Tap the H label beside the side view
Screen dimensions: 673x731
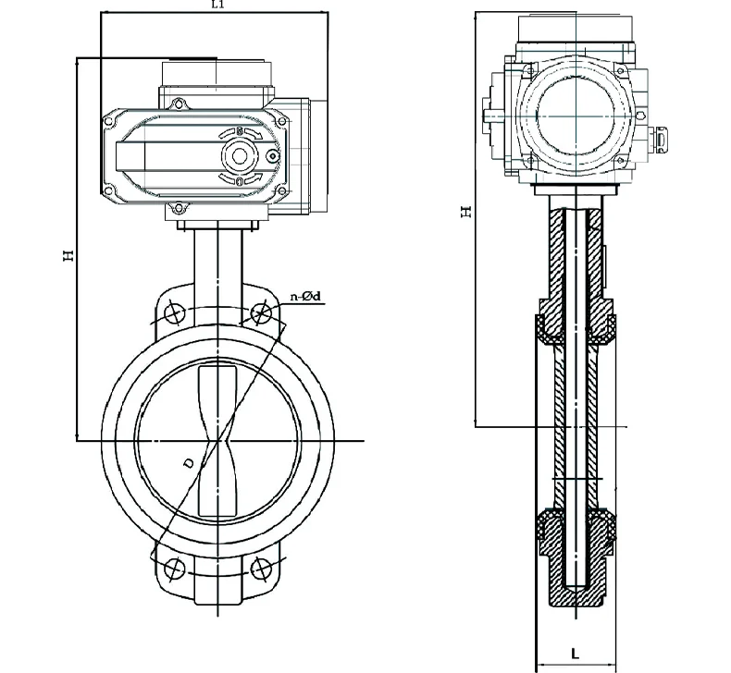(466, 212)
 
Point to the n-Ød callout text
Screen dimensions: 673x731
(305, 296)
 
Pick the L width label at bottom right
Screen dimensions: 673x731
(576, 654)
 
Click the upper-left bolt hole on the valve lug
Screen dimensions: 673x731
(172, 312)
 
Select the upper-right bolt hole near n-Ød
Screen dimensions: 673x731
(262, 312)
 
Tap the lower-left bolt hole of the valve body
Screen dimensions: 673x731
(172, 566)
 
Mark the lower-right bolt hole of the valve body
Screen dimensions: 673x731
(262, 566)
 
